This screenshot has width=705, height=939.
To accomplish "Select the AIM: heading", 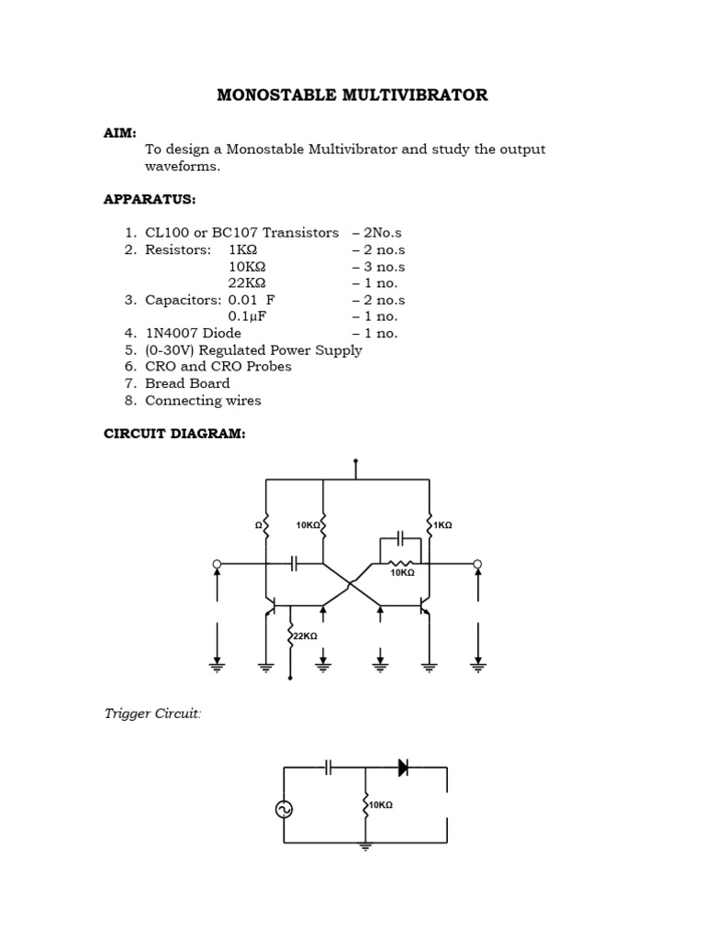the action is point(120,133).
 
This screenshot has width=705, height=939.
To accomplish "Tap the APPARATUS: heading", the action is point(150,199).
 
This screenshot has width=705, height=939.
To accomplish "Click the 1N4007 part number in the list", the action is point(177,333).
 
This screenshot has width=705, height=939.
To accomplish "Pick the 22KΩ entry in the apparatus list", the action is point(247,283).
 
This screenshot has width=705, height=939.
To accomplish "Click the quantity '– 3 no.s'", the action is point(378,267).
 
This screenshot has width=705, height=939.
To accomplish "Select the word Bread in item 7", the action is point(164,383).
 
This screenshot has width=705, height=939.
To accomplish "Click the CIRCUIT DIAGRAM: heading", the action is point(174,434).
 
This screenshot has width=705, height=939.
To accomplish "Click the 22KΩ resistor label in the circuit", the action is point(306,635).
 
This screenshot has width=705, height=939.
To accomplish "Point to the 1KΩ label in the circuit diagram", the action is point(443,525).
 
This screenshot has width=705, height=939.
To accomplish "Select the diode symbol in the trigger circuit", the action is point(403,768).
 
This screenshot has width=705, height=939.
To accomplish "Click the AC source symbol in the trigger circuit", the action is point(284,809).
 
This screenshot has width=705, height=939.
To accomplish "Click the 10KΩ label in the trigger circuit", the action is point(381,805).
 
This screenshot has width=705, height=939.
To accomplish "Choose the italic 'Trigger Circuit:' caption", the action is point(152,713).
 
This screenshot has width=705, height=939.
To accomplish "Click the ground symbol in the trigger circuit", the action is point(365,847).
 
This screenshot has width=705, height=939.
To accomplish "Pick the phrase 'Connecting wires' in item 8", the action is point(203,400).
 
